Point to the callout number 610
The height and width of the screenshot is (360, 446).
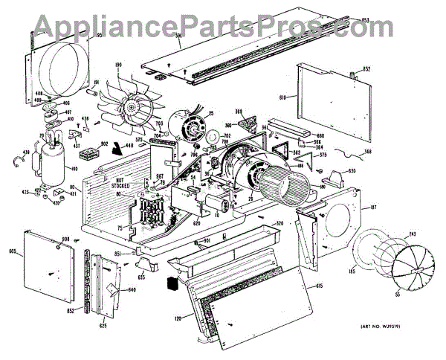tap(283, 97)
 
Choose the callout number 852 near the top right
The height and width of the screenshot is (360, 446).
tap(366, 69)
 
